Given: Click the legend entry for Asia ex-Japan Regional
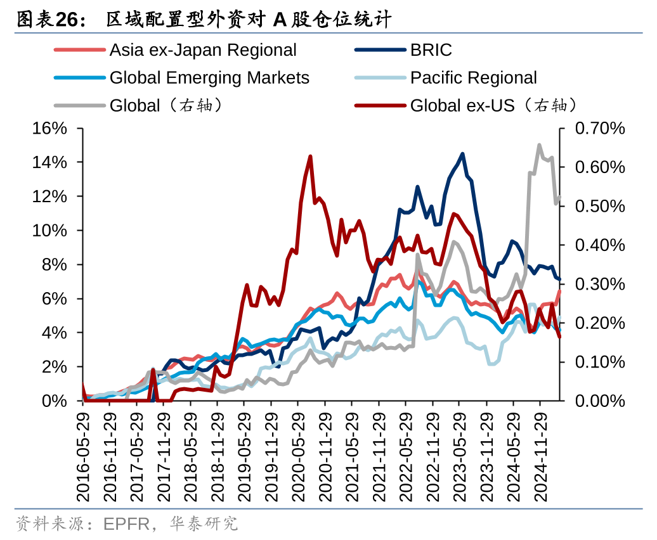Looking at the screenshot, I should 203,50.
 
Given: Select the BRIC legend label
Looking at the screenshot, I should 431,50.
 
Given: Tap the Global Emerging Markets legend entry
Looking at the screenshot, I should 209,78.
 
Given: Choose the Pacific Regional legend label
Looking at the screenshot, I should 473,78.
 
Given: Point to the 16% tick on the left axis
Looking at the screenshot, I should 49,129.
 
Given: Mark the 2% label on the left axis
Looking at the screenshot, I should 54,367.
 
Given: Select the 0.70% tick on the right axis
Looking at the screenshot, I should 599,129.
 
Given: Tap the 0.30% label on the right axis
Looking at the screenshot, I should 599,284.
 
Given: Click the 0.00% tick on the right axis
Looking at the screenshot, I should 599,401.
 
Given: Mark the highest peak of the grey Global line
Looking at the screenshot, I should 539,145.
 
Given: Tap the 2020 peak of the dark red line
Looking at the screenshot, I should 310,156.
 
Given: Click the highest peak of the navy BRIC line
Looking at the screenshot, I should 462,153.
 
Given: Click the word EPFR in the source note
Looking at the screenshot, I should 126,524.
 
